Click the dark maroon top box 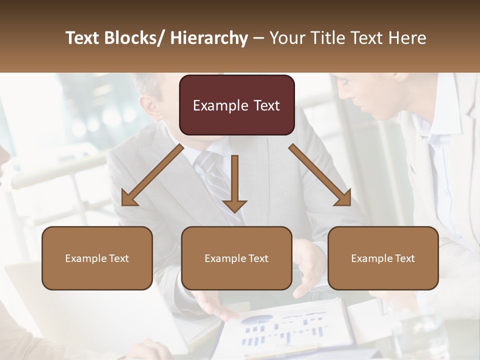[x=236, y=105]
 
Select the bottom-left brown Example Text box [x=97, y=258]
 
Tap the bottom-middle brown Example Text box [x=236, y=258]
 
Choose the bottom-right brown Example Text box [x=383, y=258]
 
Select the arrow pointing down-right [x=320, y=175]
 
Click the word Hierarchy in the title [x=209, y=38]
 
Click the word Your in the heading [x=287, y=38]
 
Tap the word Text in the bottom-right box [x=404, y=258]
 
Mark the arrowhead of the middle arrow [x=234, y=205]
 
